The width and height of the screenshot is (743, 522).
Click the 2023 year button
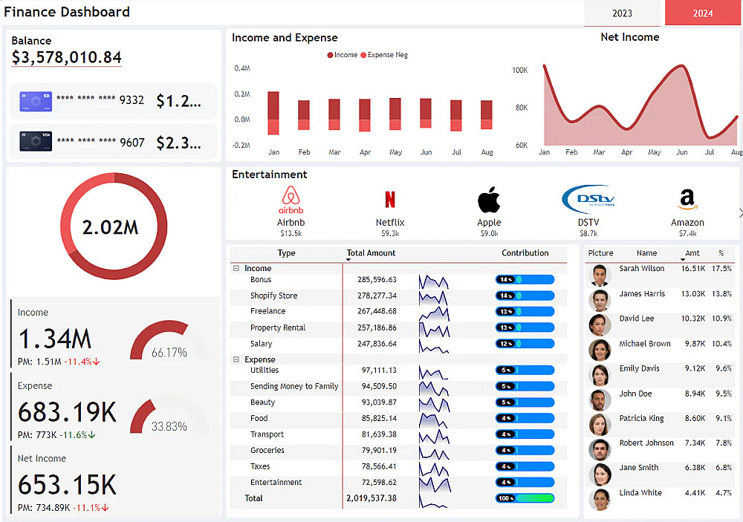coord(622,13)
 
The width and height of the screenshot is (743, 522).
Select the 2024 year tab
coord(703,13)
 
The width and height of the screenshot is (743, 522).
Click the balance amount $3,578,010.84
coord(67,58)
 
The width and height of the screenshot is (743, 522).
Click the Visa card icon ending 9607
coord(36,141)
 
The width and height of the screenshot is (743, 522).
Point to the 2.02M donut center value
coord(110,227)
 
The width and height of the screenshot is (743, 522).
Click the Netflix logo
coord(390,200)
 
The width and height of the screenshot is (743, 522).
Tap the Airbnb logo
coord(291,200)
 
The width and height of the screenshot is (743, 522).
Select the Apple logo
coord(489,200)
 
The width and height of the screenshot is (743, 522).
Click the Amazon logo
coord(687,200)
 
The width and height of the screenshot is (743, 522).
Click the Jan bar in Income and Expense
coord(273,113)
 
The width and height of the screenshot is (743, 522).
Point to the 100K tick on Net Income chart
coord(519,71)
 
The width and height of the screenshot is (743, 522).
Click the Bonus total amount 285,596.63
coord(377,280)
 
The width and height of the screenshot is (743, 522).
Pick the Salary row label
coord(262,344)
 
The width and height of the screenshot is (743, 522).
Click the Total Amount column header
coord(371,253)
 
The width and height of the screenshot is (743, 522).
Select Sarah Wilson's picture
coord(600,275)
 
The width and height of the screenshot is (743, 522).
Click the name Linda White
coord(640,493)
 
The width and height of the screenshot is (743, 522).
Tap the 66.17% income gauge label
coord(169,353)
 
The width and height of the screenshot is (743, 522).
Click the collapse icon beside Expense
coord(236,359)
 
